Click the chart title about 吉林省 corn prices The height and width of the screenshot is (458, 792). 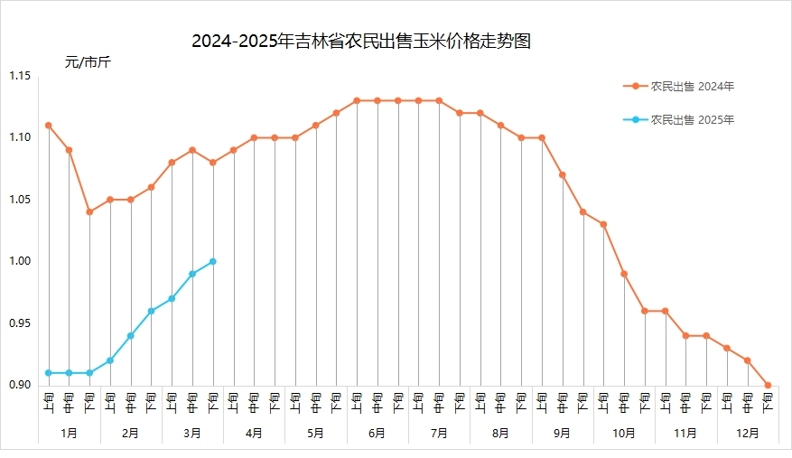pyautogui.click(x=360, y=42)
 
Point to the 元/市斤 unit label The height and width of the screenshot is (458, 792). pyautogui.click(x=88, y=62)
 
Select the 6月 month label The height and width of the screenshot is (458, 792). pyautogui.click(x=377, y=434)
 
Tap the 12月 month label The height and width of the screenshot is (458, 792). pyautogui.click(x=748, y=434)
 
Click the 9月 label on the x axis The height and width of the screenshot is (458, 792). pyautogui.click(x=563, y=434)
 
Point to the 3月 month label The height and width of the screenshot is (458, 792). pyautogui.click(x=192, y=434)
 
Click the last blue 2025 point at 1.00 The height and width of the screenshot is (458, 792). pyautogui.click(x=213, y=261)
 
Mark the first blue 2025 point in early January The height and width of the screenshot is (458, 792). pyautogui.click(x=49, y=373)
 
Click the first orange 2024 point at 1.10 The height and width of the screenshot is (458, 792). pyautogui.click(x=49, y=126)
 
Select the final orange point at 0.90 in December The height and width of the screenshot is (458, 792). pyautogui.click(x=769, y=385)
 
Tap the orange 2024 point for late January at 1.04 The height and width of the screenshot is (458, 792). pyautogui.click(x=89, y=212)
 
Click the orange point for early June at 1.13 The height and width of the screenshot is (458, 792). pyautogui.click(x=357, y=100)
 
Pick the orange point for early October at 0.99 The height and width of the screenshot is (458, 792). pyautogui.click(x=624, y=274)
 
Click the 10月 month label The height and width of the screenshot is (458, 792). pyautogui.click(x=624, y=434)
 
